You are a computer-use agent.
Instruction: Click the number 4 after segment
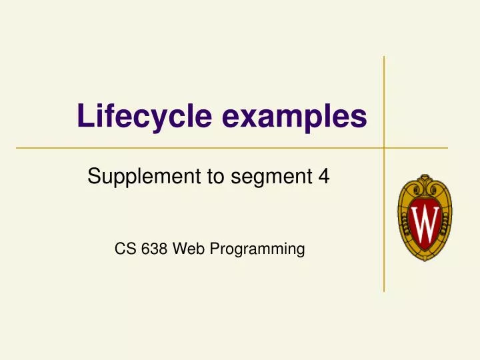pyautogui.click(x=325, y=177)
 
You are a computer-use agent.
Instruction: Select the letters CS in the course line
pyautogui.click(x=123, y=249)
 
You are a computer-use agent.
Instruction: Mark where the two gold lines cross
pyautogui.click(x=384, y=147)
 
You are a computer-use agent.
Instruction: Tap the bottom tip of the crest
pyautogui.click(x=425, y=261)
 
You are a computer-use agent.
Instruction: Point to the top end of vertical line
pyautogui.click(x=384, y=57)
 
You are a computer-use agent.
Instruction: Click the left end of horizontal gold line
pyautogui.click(x=16, y=147)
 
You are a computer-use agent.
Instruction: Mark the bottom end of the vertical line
pyautogui.click(x=384, y=291)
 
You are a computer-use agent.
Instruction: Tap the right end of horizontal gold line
pyautogui.click(x=447, y=147)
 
